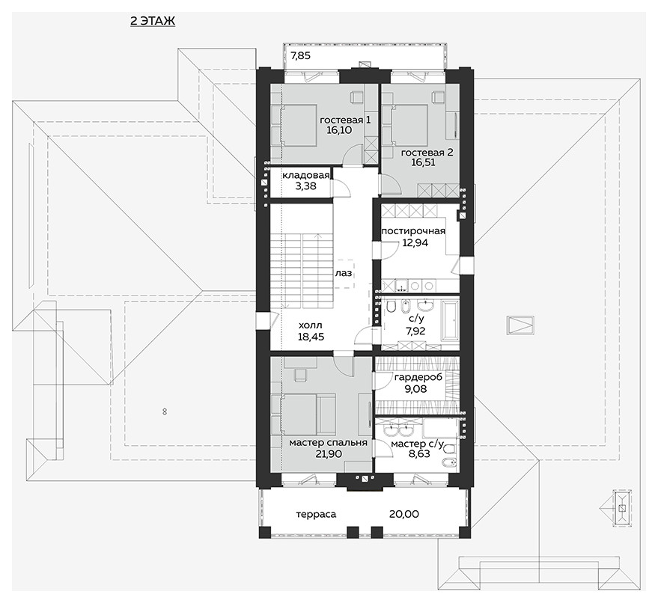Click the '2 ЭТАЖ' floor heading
coord(152,21)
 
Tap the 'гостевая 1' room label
coord(345,120)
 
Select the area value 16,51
coord(423,162)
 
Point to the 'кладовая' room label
coord(305,175)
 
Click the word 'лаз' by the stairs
coord(344,274)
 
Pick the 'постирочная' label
coord(413,231)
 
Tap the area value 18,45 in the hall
coord(311,337)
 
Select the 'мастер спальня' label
coord(328,443)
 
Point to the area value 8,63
coord(418,453)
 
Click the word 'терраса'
coord(316,515)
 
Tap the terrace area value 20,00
coord(403,514)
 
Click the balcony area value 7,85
coord(300,55)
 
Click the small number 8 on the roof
coord(165,411)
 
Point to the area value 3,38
coord(305,186)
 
